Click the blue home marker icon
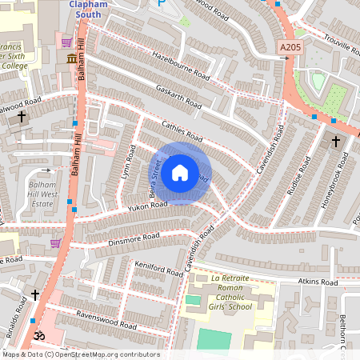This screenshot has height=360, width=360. (x=180, y=173)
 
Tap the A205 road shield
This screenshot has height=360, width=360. (x=290, y=49)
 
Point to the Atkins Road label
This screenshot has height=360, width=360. (x=318, y=282)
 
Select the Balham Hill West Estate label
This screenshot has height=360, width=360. (x=38, y=194)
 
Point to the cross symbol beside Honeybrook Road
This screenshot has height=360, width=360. (x=336, y=142)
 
